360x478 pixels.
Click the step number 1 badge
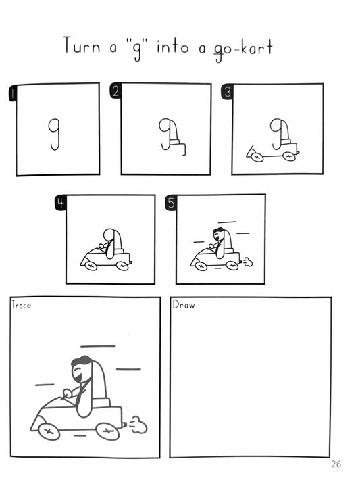click(12, 93)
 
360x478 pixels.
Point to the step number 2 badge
click(115, 93)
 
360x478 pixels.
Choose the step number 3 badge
click(226, 93)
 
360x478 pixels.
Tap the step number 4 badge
click(61, 204)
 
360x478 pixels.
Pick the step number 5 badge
click(171, 203)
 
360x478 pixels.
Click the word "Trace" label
click(21, 305)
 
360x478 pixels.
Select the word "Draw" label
click(183, 305)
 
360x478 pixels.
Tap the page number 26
click(336, 464)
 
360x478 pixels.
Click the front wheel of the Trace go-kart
click(49, 431)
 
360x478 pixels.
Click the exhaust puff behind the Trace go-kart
click(138, 425)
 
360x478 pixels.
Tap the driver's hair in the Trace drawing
click(82, 362)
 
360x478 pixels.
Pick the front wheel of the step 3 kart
click(257, 157)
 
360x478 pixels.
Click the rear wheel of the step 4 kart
click(122, 266)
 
